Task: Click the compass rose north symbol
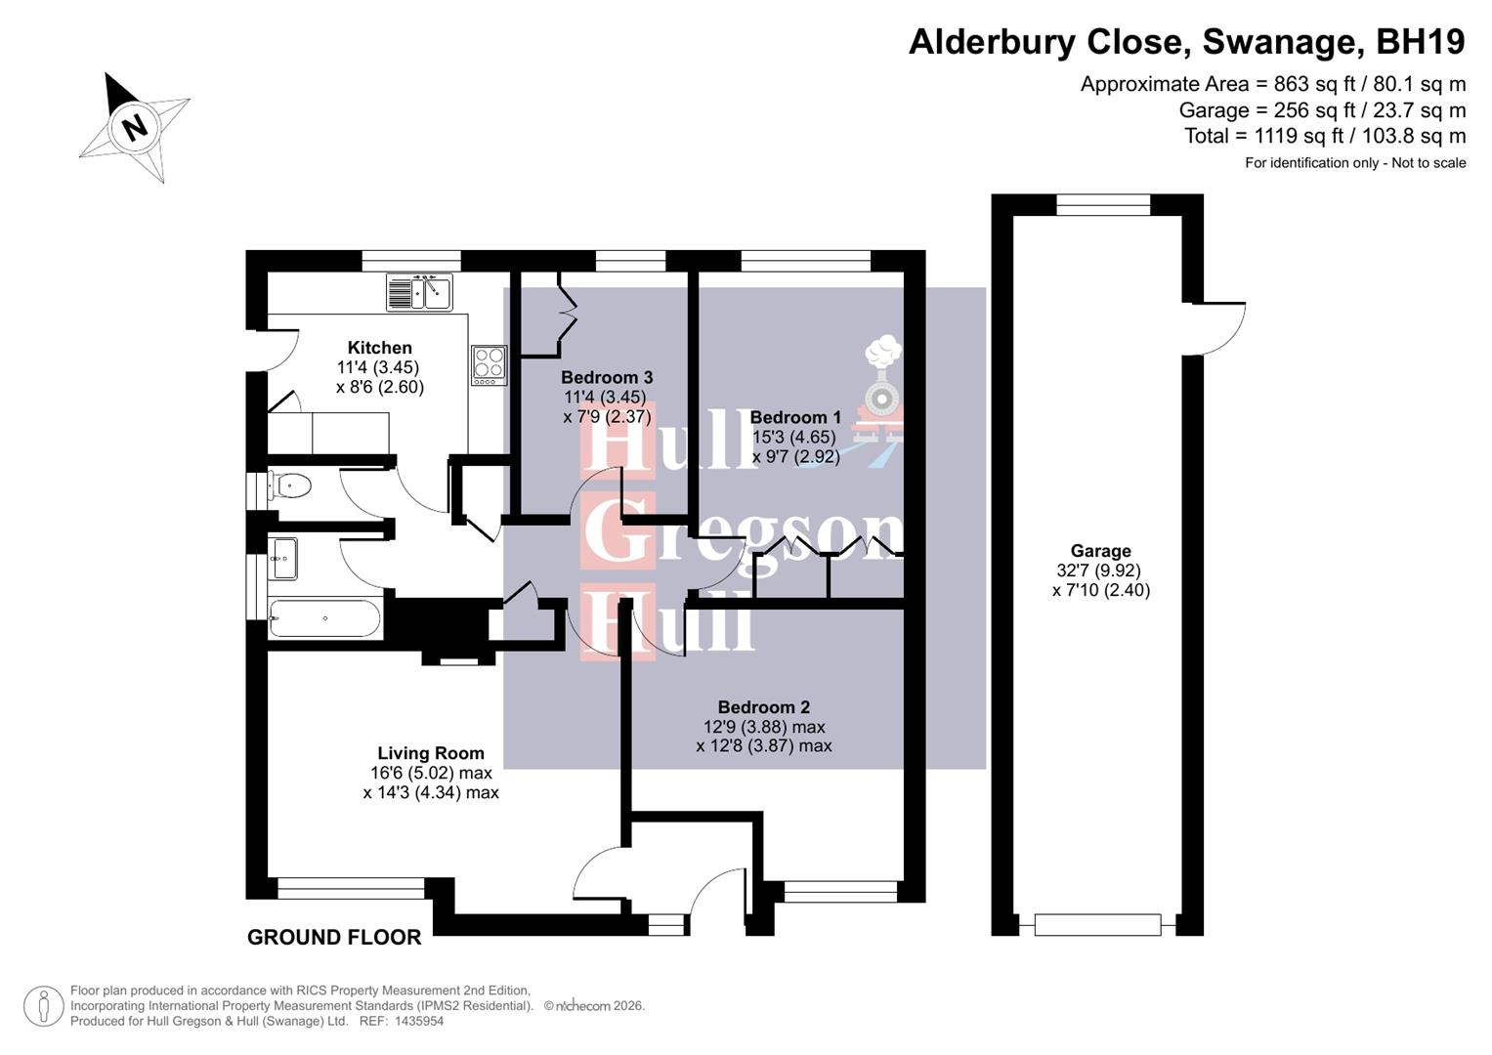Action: coord(135,126)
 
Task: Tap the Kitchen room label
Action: coord(379,348)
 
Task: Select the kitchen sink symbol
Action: coord(419,291)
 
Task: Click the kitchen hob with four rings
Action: coord(489,363)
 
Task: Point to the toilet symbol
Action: coord(289,485)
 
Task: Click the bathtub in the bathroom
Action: coord(324,618)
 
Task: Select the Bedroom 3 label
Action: coord(606,377)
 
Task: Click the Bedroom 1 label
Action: coord(794,417)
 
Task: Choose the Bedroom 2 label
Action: coord(763,707)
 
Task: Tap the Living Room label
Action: coord(431,753)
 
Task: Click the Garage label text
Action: coord(1100,551)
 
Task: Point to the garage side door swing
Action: coord(1217,329)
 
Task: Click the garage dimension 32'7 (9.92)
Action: coord(1098,570)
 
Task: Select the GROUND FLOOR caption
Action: coord(334,938)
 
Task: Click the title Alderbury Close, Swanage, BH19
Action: coord(1186,42)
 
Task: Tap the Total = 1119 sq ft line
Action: coord(1324,136)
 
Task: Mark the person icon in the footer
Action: coord(43,1006)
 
